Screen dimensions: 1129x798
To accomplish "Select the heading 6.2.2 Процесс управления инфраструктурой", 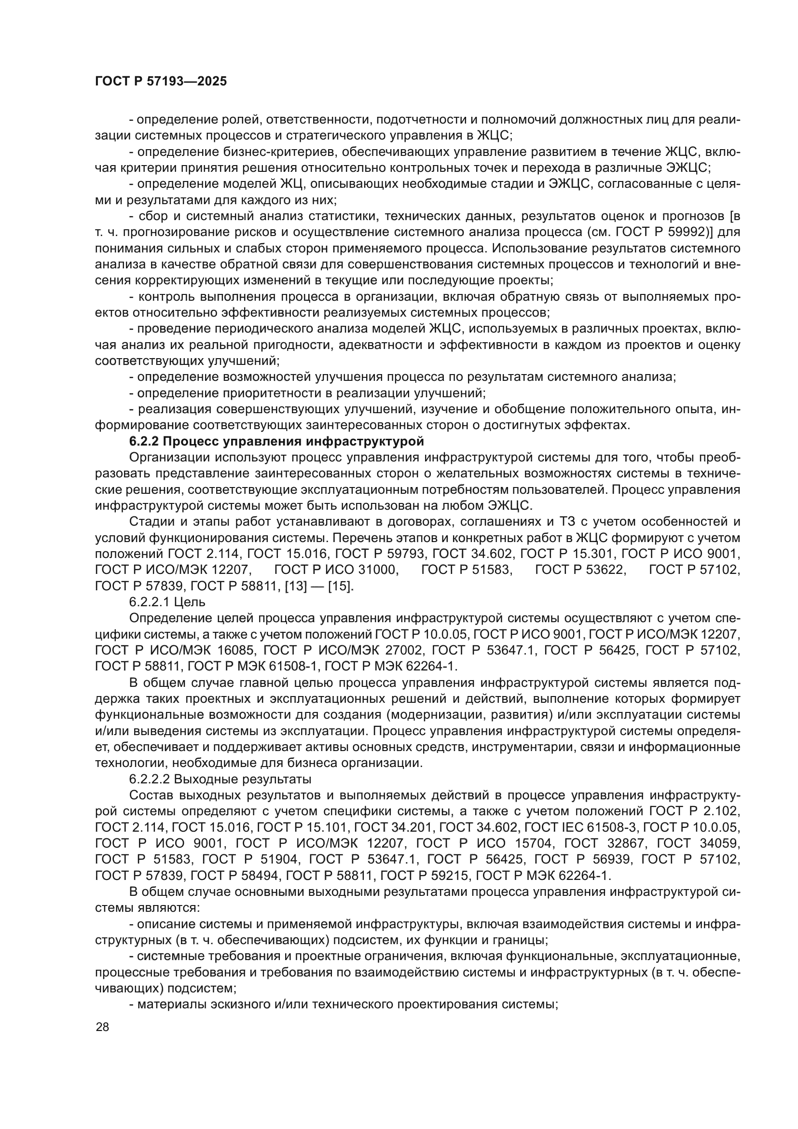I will coord(276,441).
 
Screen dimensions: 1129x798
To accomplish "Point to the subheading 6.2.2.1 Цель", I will coord(167,602).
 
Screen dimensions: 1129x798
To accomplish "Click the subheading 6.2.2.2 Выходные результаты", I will coord(220,780).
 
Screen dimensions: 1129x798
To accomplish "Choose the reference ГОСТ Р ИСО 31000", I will coord(336,570).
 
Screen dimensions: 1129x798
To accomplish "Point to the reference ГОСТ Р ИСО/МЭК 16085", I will coord(176,651).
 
